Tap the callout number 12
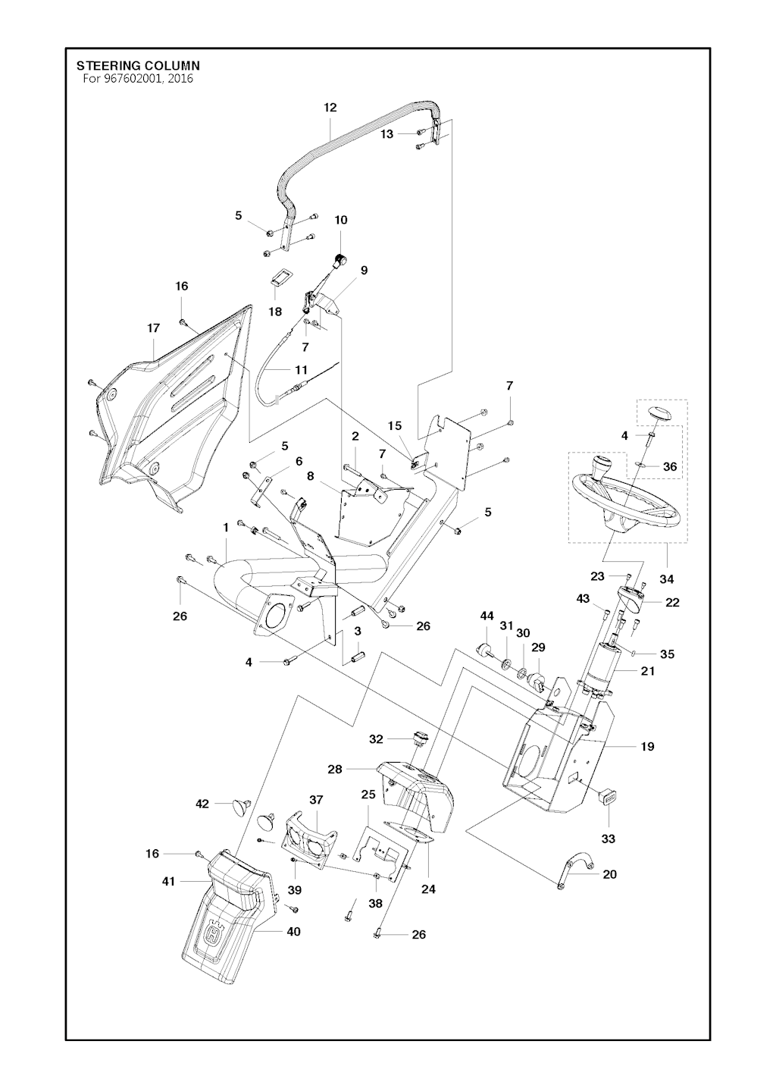pyautogui.click(x=330, y=108)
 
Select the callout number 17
pyautogui.click(x=153, y=328)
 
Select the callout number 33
pyautogui.click(x=609, y=839)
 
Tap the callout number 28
pyautogui.click(x=336, y=770)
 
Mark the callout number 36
pyautogui.click(x=670, y=467)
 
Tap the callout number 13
pyautogui.click(x=387, y=133)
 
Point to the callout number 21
pyautogui.click(x=647, y=671)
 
